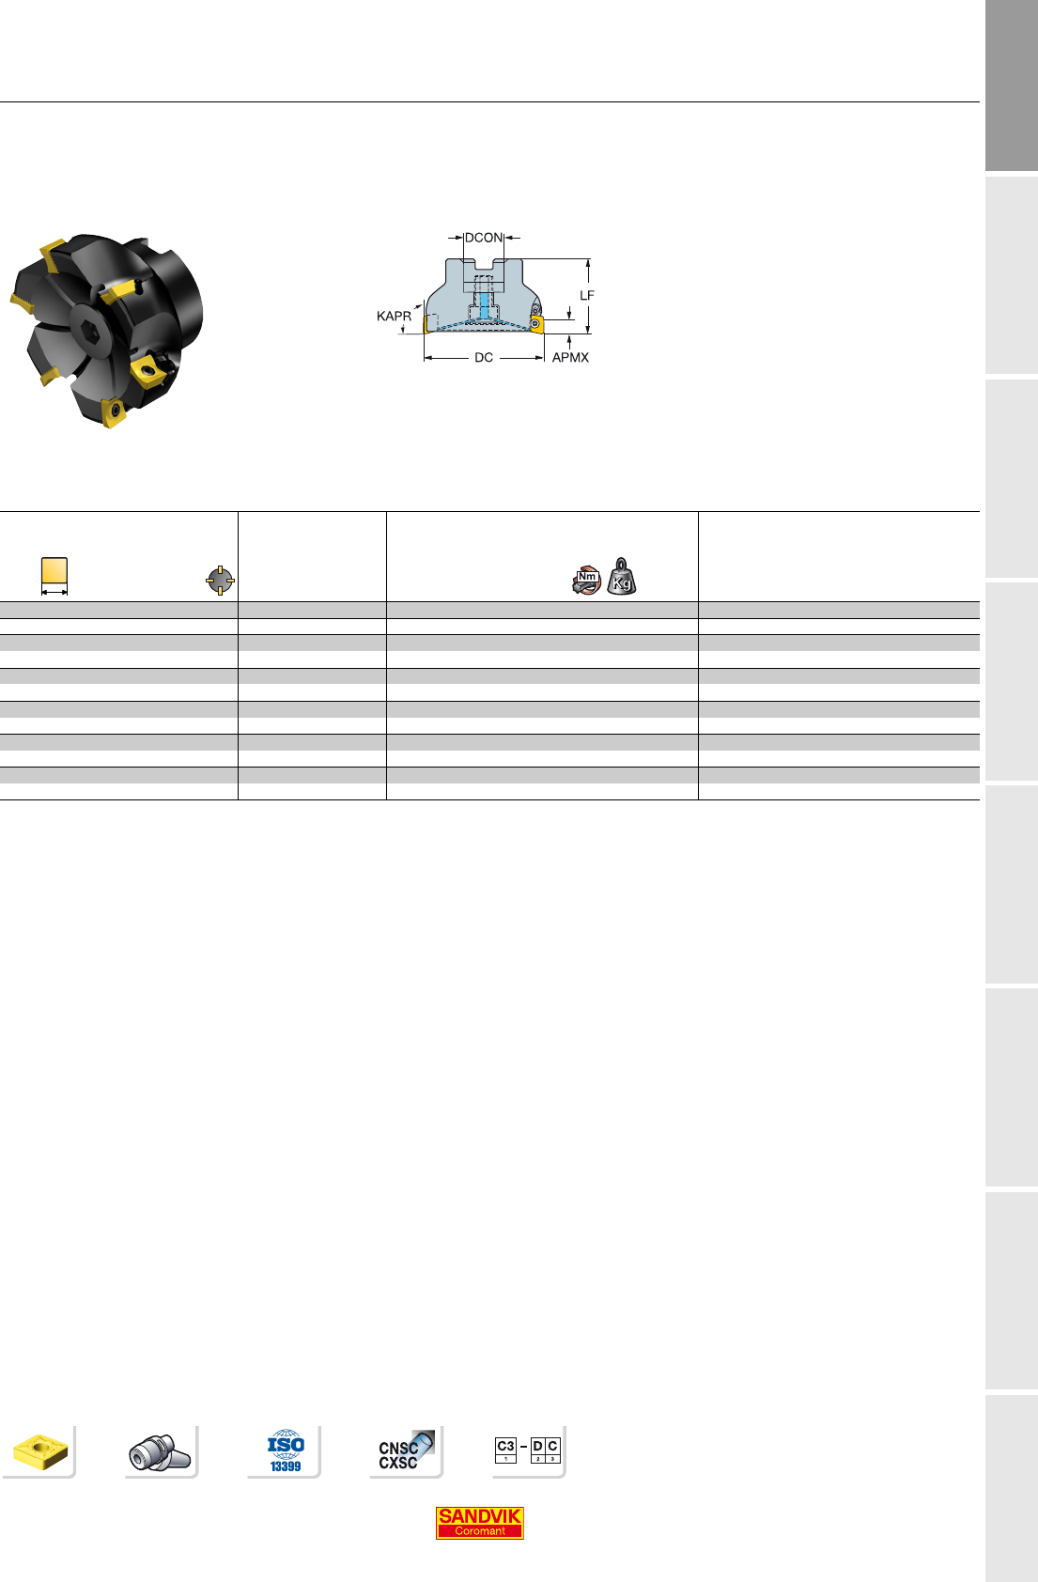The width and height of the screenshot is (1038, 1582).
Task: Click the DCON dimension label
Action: tap(484, 238)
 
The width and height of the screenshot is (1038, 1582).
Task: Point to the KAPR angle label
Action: tap(394, 316)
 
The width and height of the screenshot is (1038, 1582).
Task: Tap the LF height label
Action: tap(587, 295)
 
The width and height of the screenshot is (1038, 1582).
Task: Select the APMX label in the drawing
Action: tap(570, 357)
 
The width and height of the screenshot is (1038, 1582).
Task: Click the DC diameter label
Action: tap(484, 357)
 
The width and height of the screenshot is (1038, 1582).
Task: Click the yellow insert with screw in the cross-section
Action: tap(536, 324)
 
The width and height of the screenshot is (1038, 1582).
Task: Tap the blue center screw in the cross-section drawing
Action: tap(484, 305)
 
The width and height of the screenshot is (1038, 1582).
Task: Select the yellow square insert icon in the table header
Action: tap(54, 570)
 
